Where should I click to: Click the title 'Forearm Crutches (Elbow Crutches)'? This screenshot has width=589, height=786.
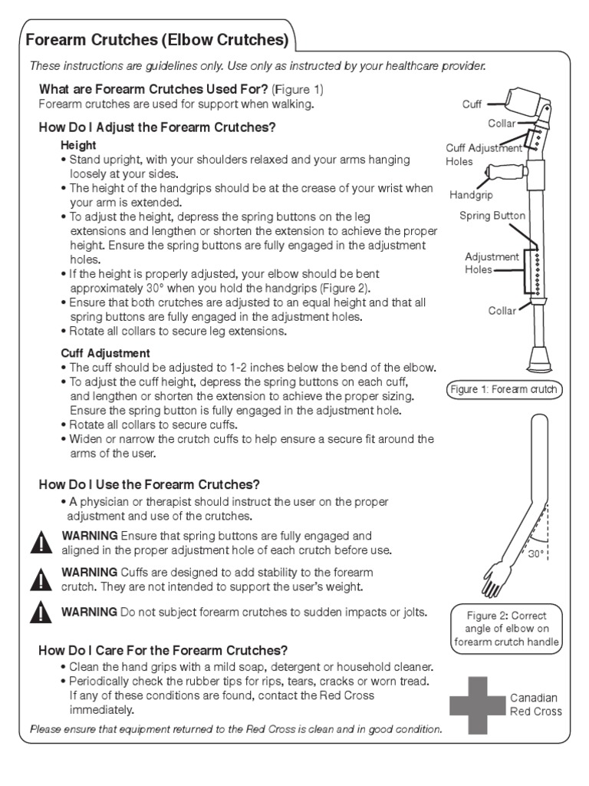pos(158,39)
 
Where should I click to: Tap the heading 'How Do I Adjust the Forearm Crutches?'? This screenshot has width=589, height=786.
pos(156,127)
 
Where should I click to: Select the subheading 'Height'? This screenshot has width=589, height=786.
pos(78,145)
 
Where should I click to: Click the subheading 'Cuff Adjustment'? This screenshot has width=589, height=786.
pos(105,353)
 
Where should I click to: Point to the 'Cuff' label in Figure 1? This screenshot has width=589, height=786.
pos(472,104)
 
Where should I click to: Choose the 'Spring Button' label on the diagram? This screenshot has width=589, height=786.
pos(492,216)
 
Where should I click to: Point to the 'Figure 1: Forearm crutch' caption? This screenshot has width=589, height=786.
pos(504,390)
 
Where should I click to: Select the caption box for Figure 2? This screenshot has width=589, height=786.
pos(506,629)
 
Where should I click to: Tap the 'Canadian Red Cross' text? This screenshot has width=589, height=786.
pos(535,705)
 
